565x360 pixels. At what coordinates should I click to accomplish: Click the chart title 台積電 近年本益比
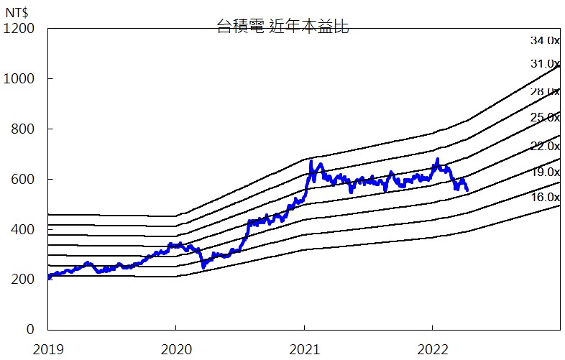coord(282,28)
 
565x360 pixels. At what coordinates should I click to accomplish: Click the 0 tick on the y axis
coord(30,330)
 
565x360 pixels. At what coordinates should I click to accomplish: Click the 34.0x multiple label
coord(544,40)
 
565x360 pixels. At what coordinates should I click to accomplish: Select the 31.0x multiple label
coord(544,64)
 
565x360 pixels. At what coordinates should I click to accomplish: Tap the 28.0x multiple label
coord(544,91)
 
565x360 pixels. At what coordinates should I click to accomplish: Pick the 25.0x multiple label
coord(544,117)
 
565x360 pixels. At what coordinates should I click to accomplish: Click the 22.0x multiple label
coord(544,146)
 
